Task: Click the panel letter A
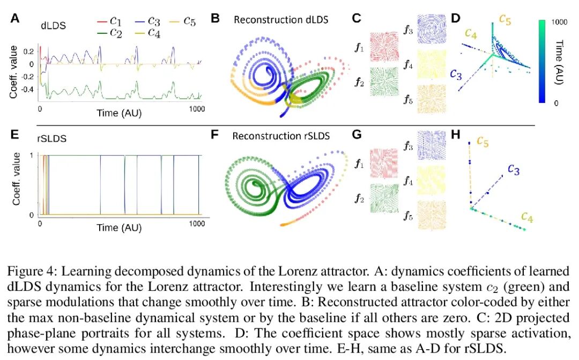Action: coord(15,18)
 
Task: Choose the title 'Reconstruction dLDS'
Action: coord(281,20)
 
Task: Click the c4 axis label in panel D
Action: coord(471,34)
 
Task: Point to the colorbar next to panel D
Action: coord(543,62)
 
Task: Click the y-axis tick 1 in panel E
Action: coord(33,155)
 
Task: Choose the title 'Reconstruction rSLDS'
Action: coord(281,136)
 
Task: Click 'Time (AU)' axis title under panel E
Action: coord(119,227)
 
